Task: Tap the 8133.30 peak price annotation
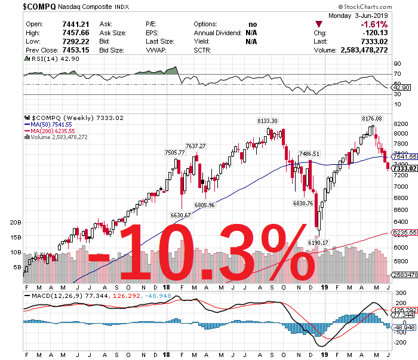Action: [268, 121]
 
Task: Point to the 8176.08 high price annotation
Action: [372, 119]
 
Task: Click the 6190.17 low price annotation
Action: [318, 242]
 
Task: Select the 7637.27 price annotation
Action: [195, 146]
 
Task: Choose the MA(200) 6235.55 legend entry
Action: [54, 131]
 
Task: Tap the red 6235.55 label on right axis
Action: [404, 232]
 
